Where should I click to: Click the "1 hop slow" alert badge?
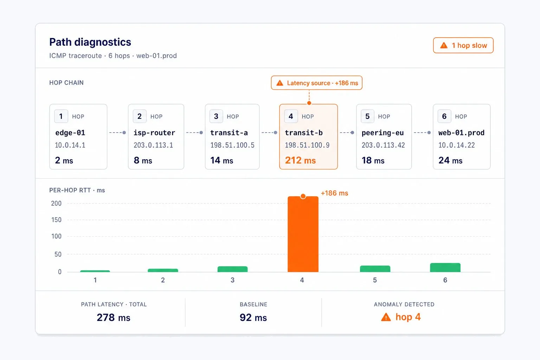463,45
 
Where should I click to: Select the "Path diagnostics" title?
90,42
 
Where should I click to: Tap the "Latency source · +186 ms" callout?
316,83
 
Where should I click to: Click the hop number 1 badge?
61,116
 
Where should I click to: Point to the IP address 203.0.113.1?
153,145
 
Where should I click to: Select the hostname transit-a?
229,133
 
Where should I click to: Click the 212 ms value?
300,160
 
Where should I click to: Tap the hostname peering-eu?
382,133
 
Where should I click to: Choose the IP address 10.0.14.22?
456,145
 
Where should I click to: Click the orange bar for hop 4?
303,234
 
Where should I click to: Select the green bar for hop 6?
445,268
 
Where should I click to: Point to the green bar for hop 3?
233,269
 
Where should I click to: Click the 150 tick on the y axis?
56,220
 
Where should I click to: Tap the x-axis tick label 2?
163,280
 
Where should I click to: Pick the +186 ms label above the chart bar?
334,193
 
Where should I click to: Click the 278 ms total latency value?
114,317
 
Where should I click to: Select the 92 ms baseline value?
253,317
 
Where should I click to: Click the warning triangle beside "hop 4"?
386,317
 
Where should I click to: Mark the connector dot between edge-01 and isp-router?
124,133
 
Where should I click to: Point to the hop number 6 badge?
444,116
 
